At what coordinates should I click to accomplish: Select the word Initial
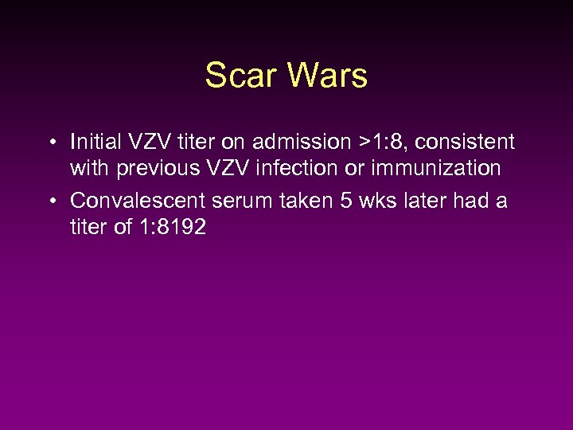coord(95,143)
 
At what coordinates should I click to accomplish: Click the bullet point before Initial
coord(50,143)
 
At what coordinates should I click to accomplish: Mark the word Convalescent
coord(138,201)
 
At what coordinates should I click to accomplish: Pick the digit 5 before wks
coord(347,201)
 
